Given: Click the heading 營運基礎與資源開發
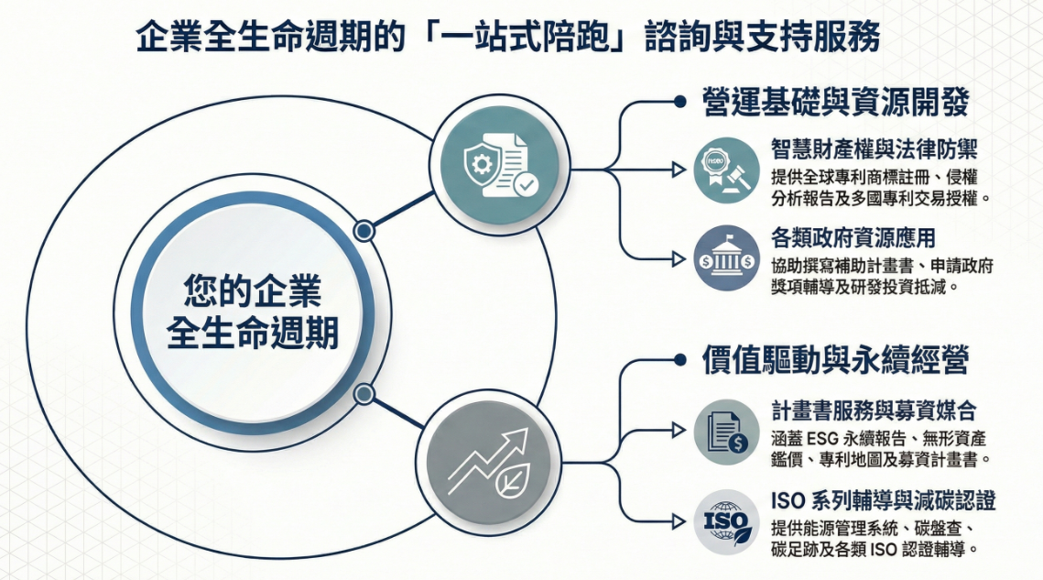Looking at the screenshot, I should click(x=835, y=103).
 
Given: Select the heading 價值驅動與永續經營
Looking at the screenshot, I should click(x=835, y=359).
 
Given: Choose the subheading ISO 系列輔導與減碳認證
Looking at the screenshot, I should click(x=884, y=501).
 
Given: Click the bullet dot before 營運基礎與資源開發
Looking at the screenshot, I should click(x=679, y=103).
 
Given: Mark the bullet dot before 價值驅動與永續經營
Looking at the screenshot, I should click(x=679, y=360).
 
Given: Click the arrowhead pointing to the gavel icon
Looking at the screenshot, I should click(x=678, y=170).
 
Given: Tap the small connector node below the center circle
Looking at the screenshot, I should click(x=364, y=395).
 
